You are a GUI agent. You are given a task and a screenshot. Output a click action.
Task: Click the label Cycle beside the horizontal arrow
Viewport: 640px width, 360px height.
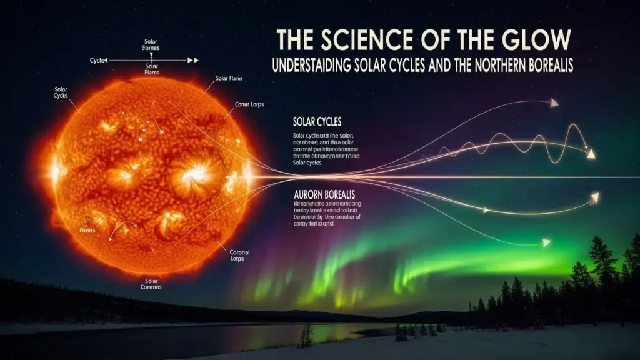pos(97,60)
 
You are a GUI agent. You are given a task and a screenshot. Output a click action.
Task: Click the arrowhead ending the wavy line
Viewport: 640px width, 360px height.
pos(589,152)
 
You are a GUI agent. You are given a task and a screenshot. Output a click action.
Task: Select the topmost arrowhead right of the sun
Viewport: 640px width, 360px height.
pos(554,102)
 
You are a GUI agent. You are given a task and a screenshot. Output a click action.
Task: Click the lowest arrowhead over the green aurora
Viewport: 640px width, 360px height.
pos(546,242)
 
